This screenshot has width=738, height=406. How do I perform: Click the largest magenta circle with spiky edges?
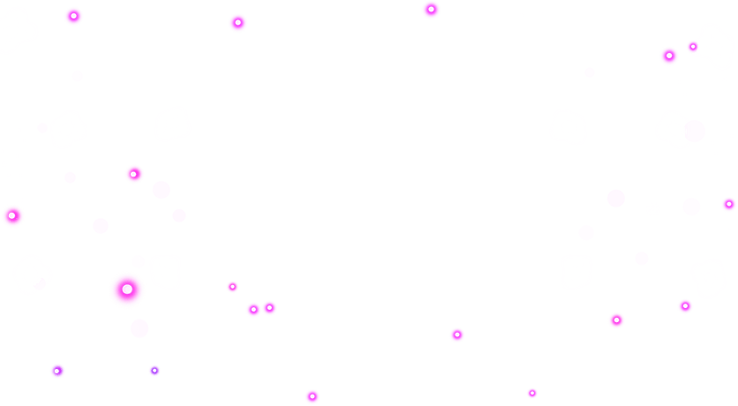click(127, 289)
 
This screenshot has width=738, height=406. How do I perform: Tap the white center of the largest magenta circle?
click(127, 289)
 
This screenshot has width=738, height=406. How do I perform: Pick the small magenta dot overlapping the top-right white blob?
click(692, 47)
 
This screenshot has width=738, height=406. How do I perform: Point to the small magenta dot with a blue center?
click(154, 371)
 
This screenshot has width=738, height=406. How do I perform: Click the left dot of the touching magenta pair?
click(253, 310)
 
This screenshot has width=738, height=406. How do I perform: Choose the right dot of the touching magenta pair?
click(269, 308)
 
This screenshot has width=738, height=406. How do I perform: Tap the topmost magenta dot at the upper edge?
click(431, 10)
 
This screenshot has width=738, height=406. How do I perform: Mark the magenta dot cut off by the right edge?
click(728, 205)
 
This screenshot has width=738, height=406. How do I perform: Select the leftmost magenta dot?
click(12, 216)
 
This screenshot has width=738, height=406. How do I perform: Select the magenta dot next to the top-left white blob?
click(73, 16)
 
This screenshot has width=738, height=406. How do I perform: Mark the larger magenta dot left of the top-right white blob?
click(669, 56)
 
